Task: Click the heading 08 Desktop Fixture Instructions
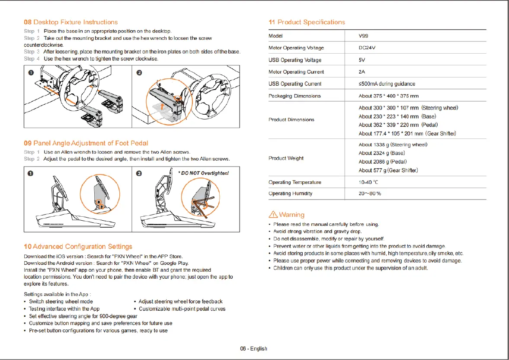tap(70, 22)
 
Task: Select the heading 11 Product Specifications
tap(307, 22)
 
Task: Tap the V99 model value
tap(363, 36)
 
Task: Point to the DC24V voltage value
tap(367, 48)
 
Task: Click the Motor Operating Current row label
tap(296, 72)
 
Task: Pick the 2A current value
tap(362, 72)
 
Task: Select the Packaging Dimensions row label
tap(295, 96)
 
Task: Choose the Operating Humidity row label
tap(290, 194)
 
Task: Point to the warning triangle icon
tap(273, 215)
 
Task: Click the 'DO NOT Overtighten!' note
tap(203, 173)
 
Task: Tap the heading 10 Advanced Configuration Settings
tap(78, 247)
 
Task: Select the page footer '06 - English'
tap(254, 348)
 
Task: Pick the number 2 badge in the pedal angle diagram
tap(139, 174)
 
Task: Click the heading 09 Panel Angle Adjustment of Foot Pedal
tap(86, 143)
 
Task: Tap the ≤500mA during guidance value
tap(387, 84)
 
